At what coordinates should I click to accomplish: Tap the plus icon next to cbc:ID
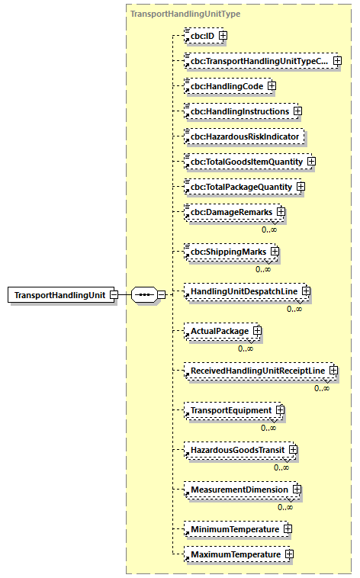tap(223, 35)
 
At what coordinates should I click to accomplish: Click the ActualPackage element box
tap(220, 332)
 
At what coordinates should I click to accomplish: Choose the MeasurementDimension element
tap(239, 490)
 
